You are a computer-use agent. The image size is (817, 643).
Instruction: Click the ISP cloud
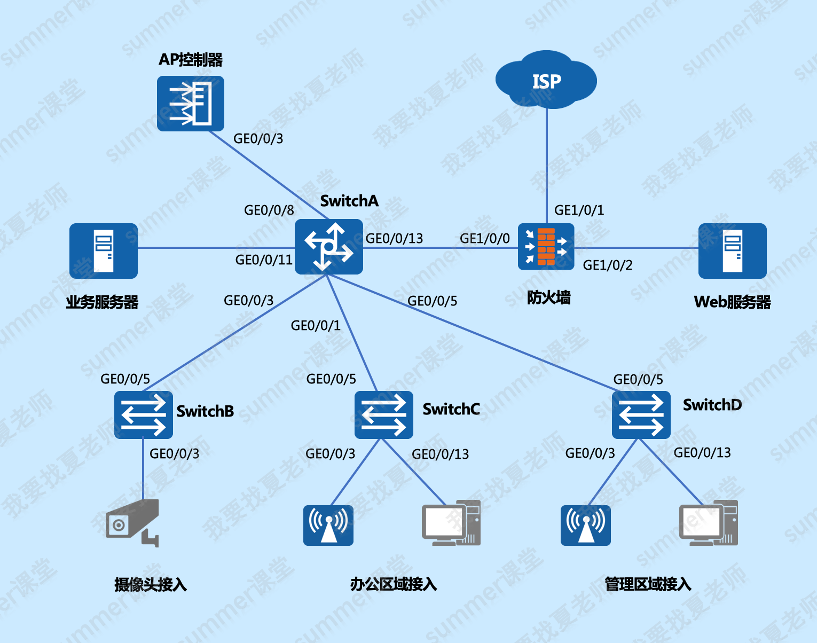point(546,80)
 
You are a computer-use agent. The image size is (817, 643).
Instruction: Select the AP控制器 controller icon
point(190,104)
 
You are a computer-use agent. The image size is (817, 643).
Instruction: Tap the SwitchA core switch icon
point(328,247)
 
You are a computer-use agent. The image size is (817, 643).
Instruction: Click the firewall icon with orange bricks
point(546,247)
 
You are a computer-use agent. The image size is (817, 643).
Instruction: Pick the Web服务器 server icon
point(732,250)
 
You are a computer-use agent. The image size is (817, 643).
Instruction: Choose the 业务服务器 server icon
point(103,250)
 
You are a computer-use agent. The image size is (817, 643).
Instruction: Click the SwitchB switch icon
point(143,415)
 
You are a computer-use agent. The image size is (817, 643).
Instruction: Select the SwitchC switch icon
point(383,415)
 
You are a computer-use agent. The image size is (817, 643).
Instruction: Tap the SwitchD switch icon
point(641,415)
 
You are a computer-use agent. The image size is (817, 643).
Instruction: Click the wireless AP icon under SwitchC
point(328,525)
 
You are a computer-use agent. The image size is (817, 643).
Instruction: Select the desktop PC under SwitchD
point(708,523)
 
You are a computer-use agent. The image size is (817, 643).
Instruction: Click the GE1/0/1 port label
point(579,210)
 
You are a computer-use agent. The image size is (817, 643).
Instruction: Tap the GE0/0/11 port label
point(264,260)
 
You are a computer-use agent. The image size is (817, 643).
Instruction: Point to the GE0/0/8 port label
point(269,210)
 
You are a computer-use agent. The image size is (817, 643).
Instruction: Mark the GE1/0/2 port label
point(607,265)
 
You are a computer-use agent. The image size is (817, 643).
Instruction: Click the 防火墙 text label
point(548,297)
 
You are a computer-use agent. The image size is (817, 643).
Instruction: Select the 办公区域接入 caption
point(394,584)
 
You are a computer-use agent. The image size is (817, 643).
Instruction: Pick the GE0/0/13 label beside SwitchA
point(394,239)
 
